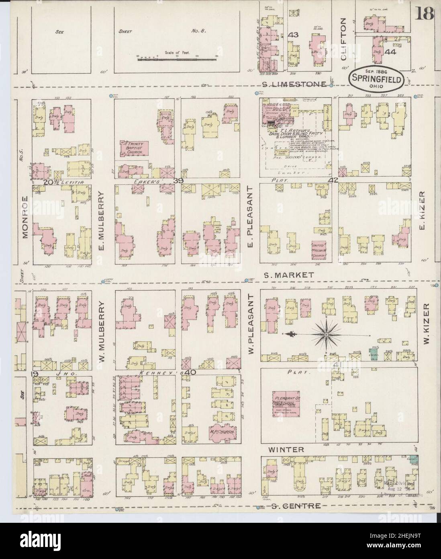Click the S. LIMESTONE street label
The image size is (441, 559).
296,84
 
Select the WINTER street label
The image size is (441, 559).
292,450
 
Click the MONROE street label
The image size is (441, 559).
26,217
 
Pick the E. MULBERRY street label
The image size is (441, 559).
102,220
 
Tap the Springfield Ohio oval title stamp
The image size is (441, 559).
376,80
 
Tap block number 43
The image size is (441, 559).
293,35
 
